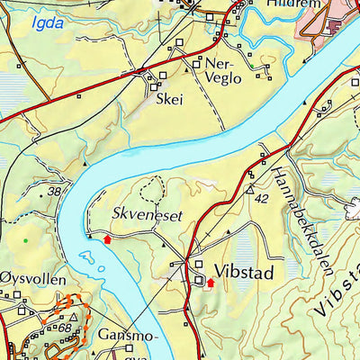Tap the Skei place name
(x=169, y=100)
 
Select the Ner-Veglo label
(x=224, y=70)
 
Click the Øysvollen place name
(x=33, y=280)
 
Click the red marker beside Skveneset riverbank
(x=108, y=239)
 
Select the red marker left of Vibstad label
(x=211, y=283)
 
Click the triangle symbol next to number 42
(x=249, y=191)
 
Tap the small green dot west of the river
(x=26, y=239)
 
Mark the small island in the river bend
(x=87, y=260)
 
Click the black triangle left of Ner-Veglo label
(x=197, y=65)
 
